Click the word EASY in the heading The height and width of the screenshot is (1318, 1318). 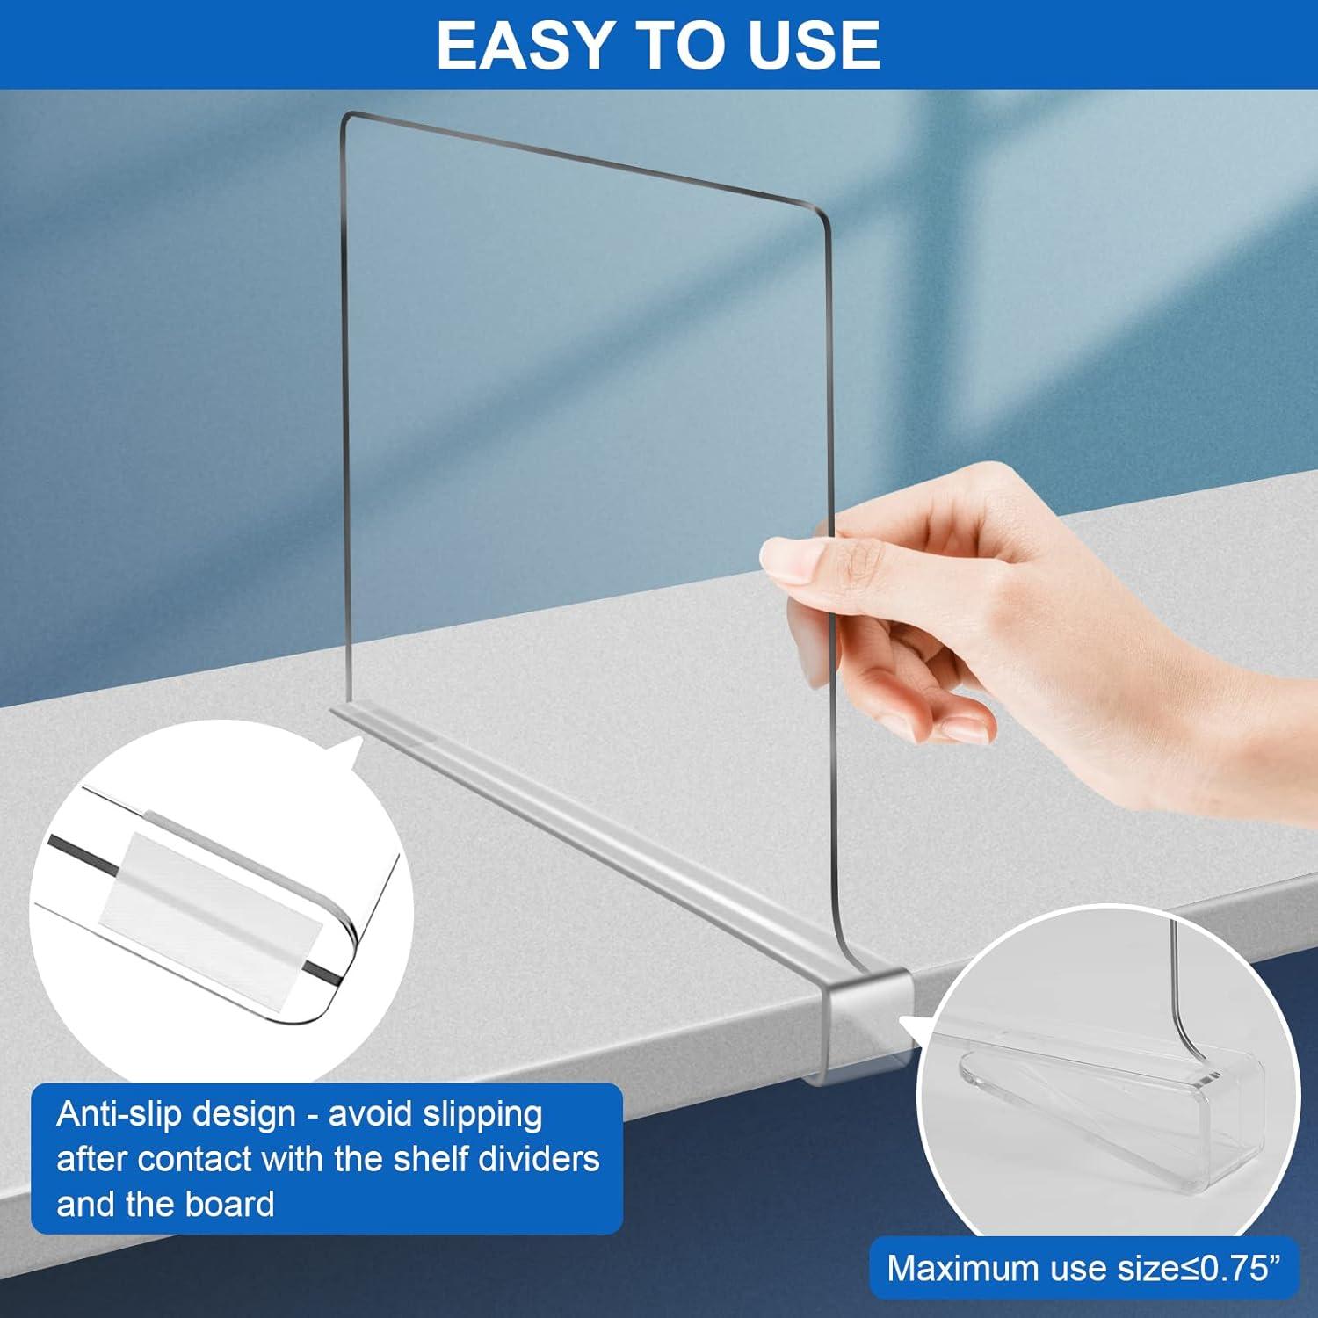pos(521,45)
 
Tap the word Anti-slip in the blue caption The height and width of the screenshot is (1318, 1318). pos(115,1114)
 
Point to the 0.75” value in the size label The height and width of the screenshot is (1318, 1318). pos(1239,1268)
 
